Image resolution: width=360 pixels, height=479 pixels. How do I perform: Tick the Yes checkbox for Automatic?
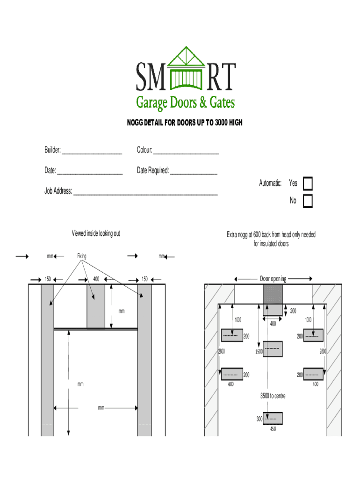tap(308, 183)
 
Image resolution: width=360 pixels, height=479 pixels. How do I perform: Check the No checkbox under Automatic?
tap(308, 201)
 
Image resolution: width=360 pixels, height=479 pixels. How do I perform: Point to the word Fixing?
tap(82, 256)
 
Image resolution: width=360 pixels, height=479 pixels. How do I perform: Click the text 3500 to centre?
tap(273, 396)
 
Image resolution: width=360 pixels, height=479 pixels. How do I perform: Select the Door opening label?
tap(273, 279)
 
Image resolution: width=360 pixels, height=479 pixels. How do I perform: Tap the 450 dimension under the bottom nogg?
tap(273, 429)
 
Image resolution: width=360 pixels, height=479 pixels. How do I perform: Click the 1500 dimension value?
tap(259, 351)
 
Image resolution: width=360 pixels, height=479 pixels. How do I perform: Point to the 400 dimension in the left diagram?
tap(96, 279)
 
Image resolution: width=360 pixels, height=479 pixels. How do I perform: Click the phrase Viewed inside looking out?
tap(95, 233)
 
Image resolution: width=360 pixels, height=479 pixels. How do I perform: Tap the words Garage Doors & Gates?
tap(185, 102)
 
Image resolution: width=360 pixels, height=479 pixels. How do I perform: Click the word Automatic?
tap(270, 183)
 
